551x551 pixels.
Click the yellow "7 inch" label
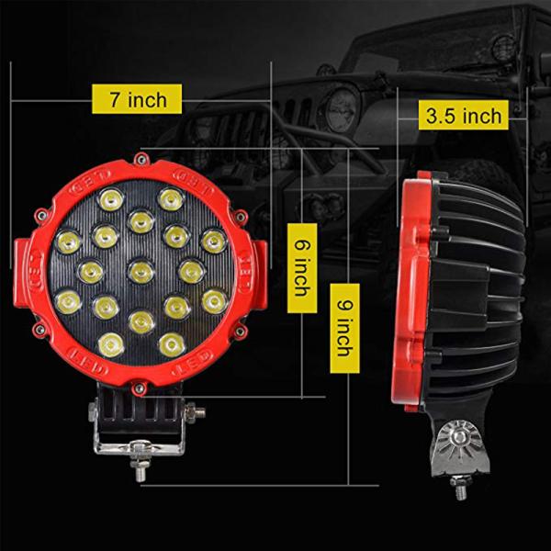pos(137,97)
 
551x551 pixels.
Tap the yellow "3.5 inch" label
pos(464,115)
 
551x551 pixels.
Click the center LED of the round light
pos(141,270)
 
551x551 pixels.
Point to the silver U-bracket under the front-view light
pos(141,448)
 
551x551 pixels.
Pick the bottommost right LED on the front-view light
pos(169,343)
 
